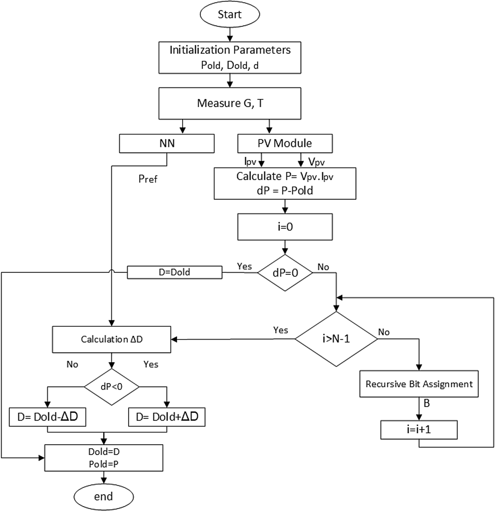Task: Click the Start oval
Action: point(230,15)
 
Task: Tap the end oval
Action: point(103,496)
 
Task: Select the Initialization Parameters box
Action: point(230,57)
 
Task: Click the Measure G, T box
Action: point(230,103)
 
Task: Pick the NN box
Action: point(167,144)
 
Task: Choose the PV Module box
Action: point(285,144)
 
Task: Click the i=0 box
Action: point(285,227)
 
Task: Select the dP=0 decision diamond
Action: point(285,273)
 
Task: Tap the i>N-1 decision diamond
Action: point(336,339)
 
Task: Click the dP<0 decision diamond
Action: point(111,387)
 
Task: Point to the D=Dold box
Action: point(174,272)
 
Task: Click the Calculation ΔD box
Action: point(111,339)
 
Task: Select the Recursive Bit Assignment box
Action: point(419,384)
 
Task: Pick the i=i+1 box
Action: point(419,430)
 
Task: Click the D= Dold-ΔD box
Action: point(48,417)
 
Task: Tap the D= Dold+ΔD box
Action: point(167,417)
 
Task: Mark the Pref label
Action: point(148,179)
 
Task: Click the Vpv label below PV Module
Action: point(316,162)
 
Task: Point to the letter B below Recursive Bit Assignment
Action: point(426,403)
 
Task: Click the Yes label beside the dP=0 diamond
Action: point(244,267)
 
